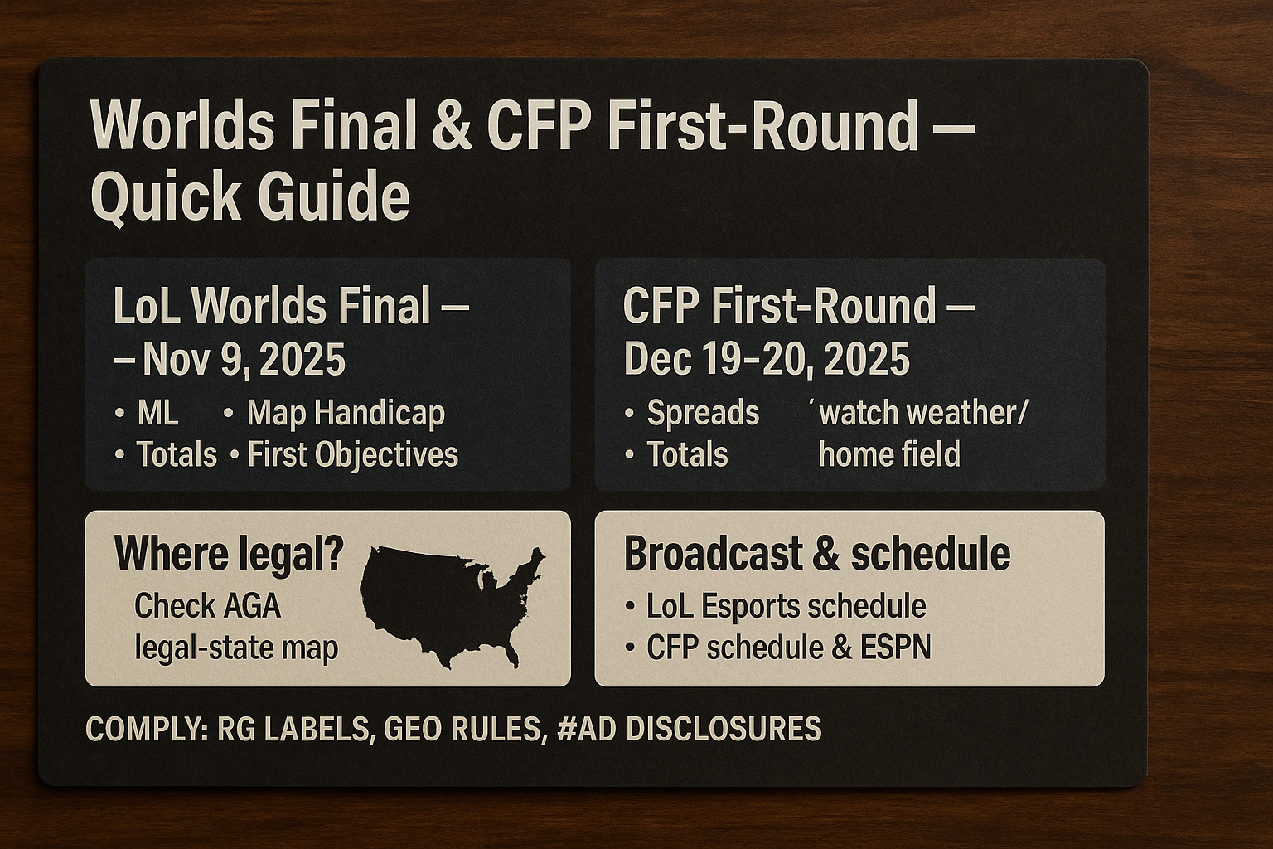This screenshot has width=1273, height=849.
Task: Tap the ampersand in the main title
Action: tap(451, 125)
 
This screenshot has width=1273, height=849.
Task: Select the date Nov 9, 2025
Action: tap(244, 359)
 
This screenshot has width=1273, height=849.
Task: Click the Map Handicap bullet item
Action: tap(346, 414)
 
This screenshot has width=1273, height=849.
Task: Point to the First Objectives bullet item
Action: tap(353, 455)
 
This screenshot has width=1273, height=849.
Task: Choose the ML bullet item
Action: tap(157, 413)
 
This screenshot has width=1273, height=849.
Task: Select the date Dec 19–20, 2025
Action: tap(767, 359)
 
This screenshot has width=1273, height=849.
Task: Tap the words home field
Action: tap(889, 454)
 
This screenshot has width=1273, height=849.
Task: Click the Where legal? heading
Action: tap(229, 553)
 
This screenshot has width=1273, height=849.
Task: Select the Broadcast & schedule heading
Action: tap(817, 554)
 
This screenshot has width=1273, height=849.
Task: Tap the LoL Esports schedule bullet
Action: tap(787, 606)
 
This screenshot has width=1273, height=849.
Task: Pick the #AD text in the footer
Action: tap(587, 729)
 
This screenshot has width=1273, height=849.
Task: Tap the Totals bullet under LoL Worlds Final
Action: tap(177, 455)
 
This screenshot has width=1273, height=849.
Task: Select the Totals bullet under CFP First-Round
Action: tap(688, 455)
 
